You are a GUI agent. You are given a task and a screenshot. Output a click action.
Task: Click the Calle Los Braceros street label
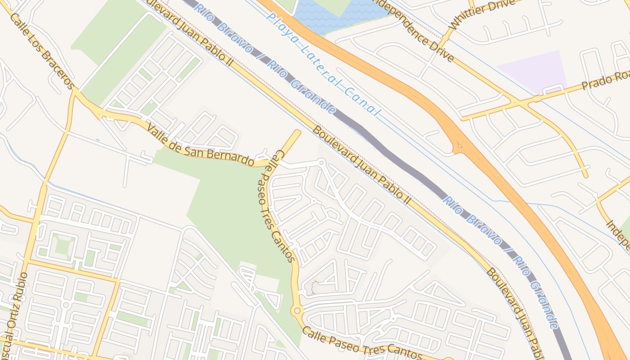click(x=41, y=51)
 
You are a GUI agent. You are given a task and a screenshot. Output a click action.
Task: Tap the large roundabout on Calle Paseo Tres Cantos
click(x=297, y=310)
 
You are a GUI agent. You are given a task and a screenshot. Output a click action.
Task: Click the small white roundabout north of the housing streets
click(x=321, y=162)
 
